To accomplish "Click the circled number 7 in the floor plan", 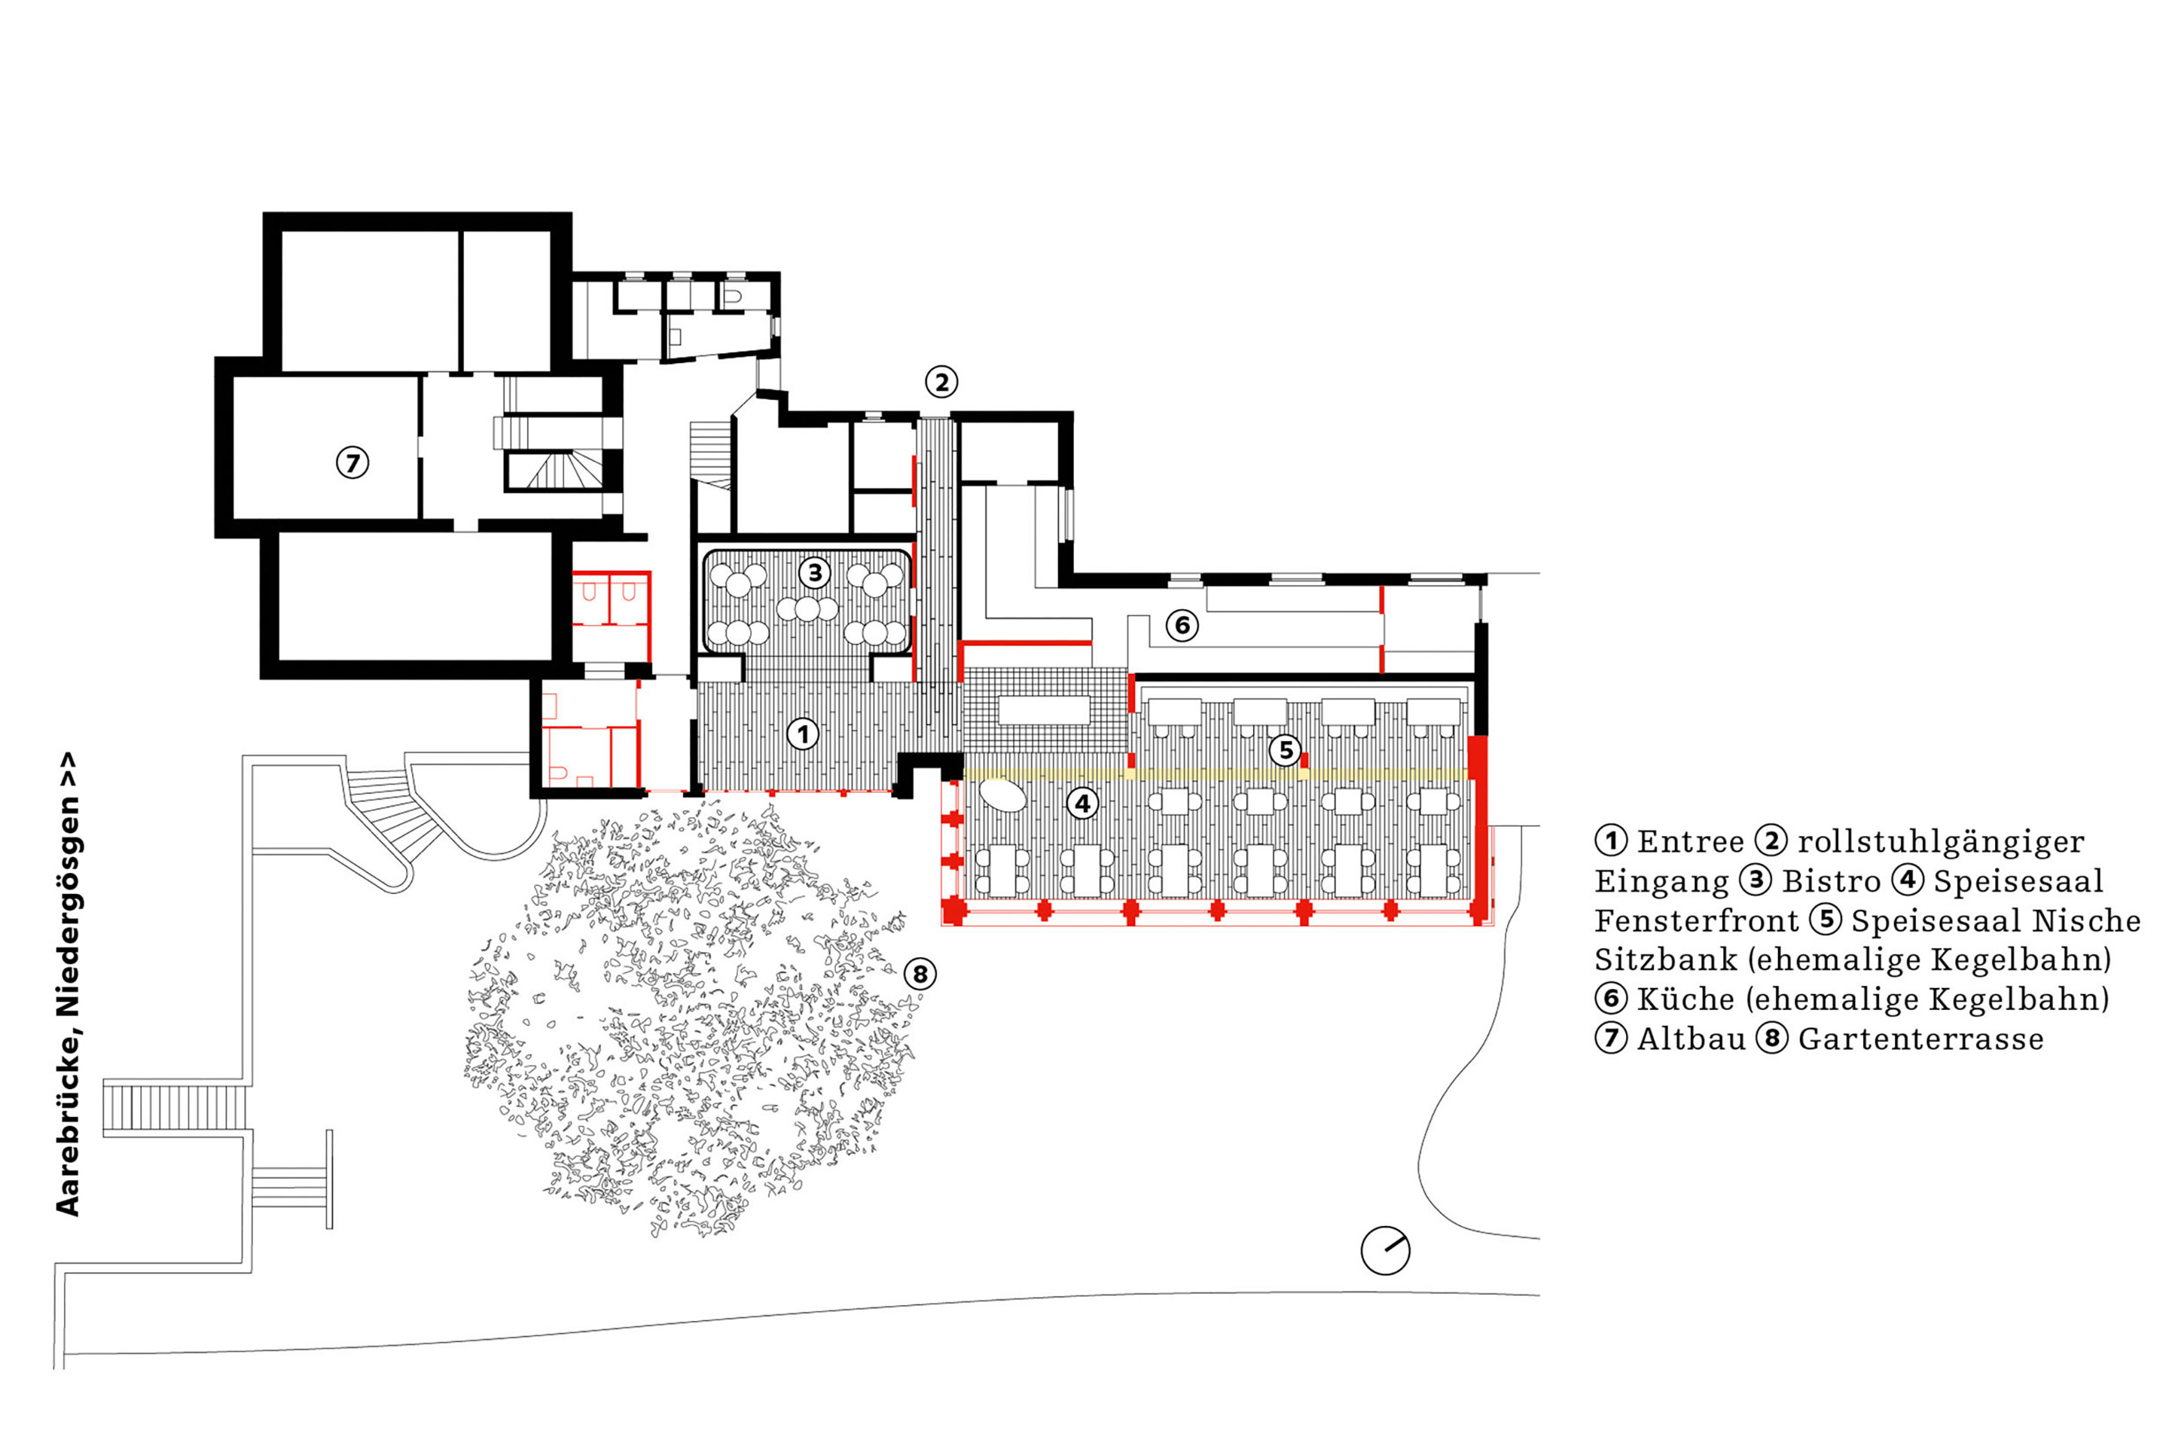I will pyautogui.click(x=352, y=462).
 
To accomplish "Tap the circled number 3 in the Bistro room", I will pyautogui.click(x=814, y=572).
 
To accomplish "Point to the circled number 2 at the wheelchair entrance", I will pyautogui.click(x=941, y=382).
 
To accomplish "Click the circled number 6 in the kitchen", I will pyautogui.click(x=1182, y=626).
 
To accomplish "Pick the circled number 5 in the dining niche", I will pyautogui.click(x=1286, y=750).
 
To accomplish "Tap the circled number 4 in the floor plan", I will pyautogui.click(x=1083, y=804).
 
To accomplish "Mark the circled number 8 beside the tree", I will pyautogui.click(x=920, y=974).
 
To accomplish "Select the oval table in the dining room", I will pyautogui.click(x=1003, y=794).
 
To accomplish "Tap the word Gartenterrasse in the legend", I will pyautogui.click(x=1920, y=1039).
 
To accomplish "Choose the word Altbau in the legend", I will pyautogui.click(x=1692, y=1039).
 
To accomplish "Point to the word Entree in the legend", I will pyautogui.click(x=1690, y=842).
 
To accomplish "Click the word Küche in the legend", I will pyautogui.click(x=1685, y=999).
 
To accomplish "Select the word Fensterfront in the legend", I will pyautogui.click(x=1696, y=921).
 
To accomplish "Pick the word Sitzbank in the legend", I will pyautogui.click(x=1665, y=960).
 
